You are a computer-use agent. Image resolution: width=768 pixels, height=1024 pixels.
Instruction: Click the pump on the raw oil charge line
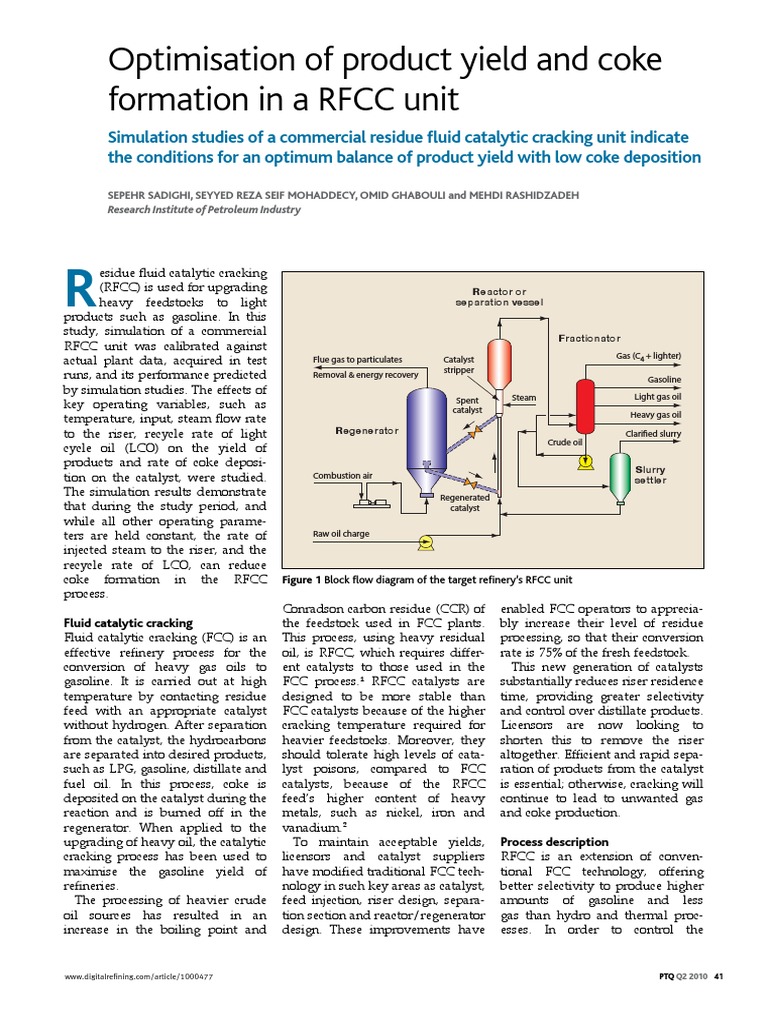coord(425,541)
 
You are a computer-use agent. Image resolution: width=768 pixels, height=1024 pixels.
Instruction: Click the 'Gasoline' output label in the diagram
coord(664,380)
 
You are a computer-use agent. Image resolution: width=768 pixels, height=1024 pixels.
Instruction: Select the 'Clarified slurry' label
coord(653,433)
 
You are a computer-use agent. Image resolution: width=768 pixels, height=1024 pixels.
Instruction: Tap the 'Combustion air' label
coord(342,475)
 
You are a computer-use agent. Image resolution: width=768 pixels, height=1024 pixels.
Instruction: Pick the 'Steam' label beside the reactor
coord(524,398)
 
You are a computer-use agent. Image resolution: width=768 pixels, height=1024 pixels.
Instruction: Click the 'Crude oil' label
coord(565,441)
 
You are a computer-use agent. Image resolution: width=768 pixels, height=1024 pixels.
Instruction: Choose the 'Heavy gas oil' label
coord(656,415)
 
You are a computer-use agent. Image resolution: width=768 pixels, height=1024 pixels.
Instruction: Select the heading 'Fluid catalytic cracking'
coord(128,623)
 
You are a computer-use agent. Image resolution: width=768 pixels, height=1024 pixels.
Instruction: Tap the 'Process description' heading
coord(554,842)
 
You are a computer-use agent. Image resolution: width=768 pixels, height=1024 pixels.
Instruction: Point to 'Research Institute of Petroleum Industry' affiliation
coord(204,210)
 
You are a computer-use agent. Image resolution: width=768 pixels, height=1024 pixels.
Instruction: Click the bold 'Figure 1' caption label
coord(301,580)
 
